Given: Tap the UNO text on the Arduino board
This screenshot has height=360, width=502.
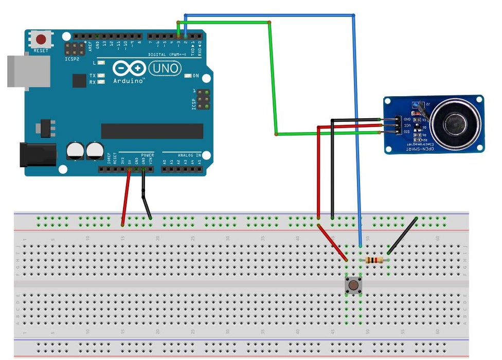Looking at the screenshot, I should [165, 68].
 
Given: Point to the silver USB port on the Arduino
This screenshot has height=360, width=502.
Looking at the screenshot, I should [28, 71].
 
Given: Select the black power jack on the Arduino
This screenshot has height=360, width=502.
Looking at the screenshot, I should [37, 154].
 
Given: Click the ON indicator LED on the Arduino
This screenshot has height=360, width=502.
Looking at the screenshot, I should [188, 76].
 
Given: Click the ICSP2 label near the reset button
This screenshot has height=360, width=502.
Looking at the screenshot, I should [72, 59].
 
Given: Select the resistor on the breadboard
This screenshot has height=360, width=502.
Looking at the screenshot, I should [374, 260].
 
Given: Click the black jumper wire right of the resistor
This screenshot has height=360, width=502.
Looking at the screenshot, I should [402, 236].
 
